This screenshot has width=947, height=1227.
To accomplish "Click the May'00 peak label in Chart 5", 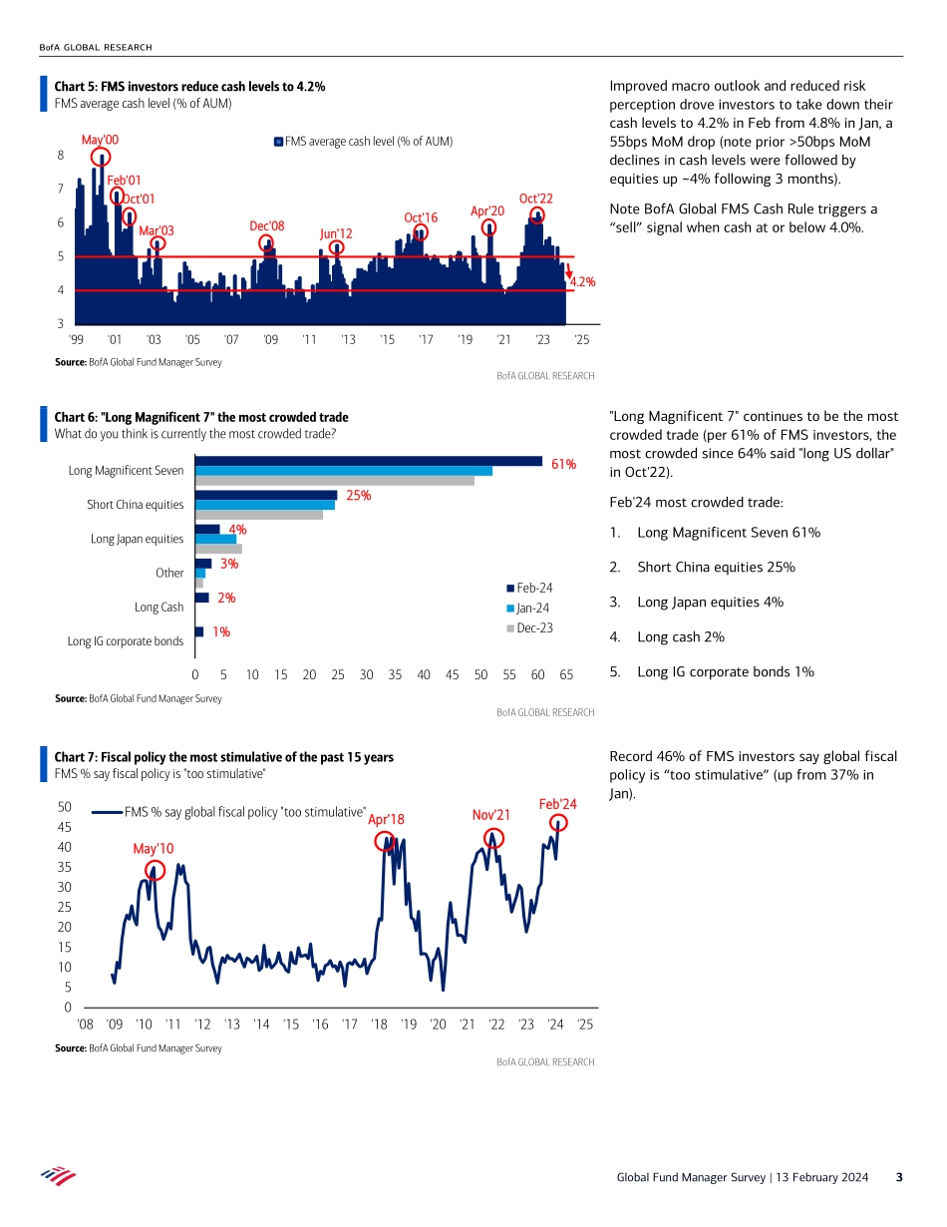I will pos(100,141).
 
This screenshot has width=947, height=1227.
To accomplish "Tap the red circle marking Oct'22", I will pos(538,216).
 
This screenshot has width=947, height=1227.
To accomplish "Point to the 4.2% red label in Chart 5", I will pos(582,282).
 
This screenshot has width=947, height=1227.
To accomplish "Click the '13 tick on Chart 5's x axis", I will pos(348,340).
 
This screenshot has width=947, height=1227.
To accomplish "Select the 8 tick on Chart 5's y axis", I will pos(61,156).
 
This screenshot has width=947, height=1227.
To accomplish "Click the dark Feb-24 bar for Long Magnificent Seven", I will pos(368,461).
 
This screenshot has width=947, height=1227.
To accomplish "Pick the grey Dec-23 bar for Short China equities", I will pos(258,515).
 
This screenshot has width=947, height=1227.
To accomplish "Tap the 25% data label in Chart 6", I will pos(359,495).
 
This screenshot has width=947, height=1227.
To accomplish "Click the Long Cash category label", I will pos(159,607).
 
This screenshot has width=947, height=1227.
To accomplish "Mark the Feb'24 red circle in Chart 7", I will pos(558,823).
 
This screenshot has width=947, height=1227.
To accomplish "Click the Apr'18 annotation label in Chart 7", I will pos(386,820).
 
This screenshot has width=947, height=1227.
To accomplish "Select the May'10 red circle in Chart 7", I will pos(155,870).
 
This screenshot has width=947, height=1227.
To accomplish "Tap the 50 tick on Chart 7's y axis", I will pos(63,806).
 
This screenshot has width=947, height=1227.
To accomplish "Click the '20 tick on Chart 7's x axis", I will pos(438,1023).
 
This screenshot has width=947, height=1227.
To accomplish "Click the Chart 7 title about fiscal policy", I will pos(223,757).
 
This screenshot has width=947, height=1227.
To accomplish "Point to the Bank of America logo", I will pos(58,1176).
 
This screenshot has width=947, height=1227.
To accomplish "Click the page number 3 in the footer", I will pos(898,1177).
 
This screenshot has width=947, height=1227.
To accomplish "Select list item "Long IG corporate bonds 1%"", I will pos(726,671).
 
